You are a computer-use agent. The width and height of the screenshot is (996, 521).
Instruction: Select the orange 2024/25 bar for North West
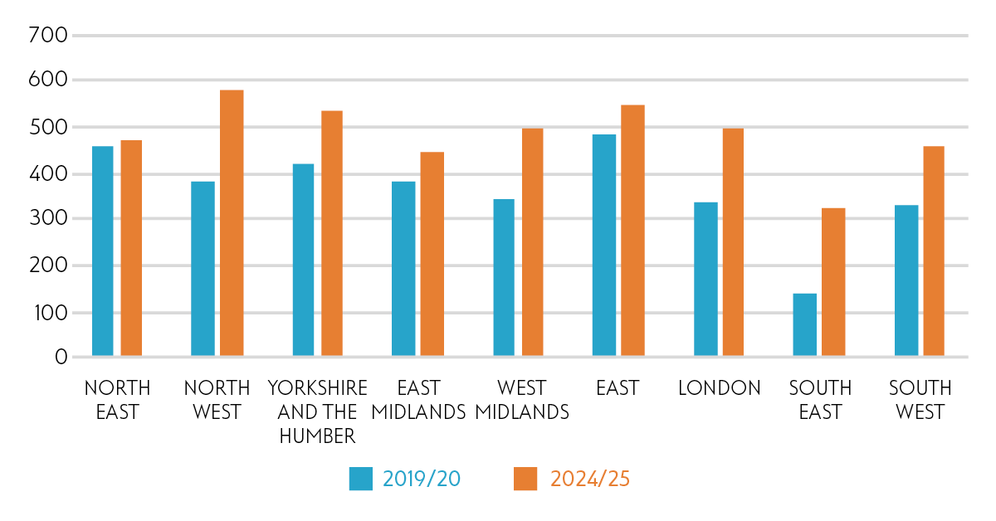(x=232, y=223)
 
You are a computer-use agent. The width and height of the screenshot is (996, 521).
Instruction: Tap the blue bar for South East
(x=804, y=325)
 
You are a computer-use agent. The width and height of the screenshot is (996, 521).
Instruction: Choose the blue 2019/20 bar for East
(x=604, y=246)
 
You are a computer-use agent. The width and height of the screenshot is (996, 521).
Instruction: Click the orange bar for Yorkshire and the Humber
(x=331, y=234)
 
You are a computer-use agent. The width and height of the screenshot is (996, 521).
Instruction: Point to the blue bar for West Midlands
(x=504, y=278)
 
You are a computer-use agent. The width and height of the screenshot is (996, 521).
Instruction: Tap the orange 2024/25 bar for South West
(x=934, y=251)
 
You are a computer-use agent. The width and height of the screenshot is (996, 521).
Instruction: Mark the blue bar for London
(x=705, y=280)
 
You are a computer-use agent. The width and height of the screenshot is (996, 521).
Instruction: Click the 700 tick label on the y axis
(x=46, y=35)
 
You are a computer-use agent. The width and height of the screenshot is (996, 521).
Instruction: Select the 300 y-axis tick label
(x=46, y=219)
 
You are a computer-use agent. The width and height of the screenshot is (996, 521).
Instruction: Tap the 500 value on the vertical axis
(x=46, y=127)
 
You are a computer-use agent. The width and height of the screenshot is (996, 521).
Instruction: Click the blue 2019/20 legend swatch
(x=361, y=479)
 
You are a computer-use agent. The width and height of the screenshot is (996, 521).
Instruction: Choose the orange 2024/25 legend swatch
(x=525, y=479)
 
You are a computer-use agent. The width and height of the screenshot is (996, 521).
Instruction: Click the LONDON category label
(x=719, y=388)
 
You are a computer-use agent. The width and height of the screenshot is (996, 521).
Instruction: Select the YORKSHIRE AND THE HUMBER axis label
(x=317, y=411)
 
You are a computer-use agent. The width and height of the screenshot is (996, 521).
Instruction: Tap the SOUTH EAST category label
(x=820, y=400)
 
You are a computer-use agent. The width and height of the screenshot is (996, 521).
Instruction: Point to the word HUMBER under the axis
(x=317, y=436)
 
